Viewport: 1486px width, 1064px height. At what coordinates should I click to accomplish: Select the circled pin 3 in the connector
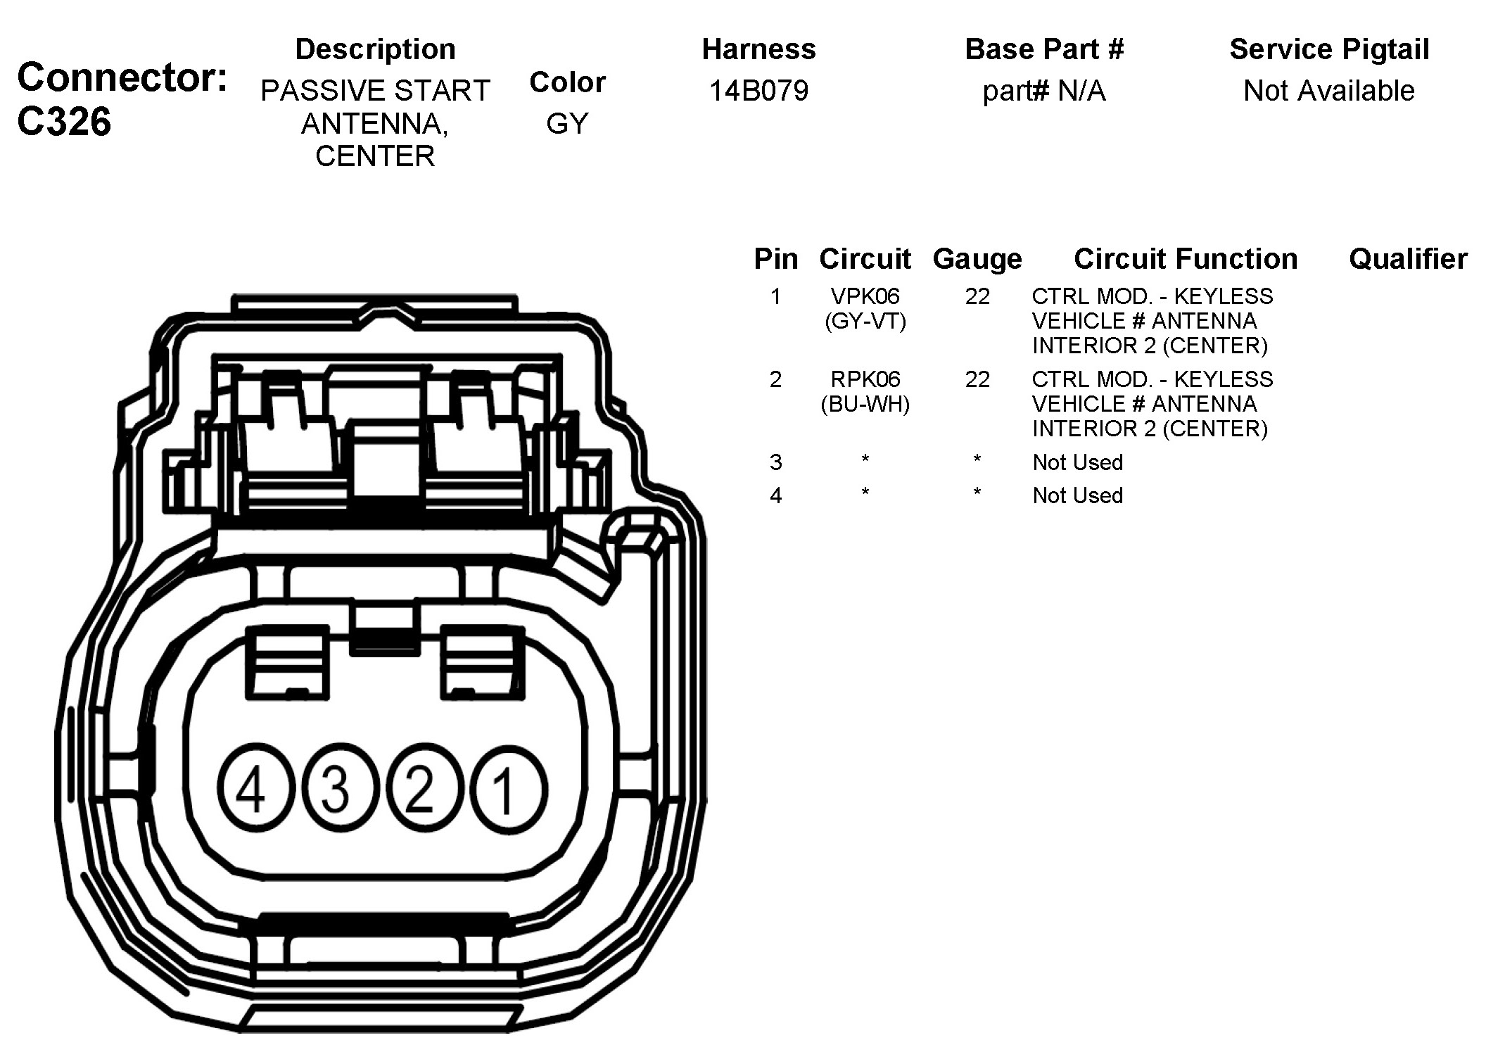click(336, 788)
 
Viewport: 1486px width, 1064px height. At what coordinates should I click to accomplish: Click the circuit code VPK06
click(865, 296)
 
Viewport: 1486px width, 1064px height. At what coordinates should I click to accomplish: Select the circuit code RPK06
click(865, 379)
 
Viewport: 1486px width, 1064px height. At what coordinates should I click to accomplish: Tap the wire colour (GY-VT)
click(865, 322)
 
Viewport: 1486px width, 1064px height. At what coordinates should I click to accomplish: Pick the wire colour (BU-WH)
click(865, 405)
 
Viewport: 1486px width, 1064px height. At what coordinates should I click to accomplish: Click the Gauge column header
click(977, 260)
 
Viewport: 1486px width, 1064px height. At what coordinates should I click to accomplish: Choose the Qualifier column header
click(1408, 259)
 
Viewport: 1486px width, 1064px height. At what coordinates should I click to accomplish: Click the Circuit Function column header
click(1186, 259)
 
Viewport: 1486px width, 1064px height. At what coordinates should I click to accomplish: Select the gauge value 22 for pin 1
click(977, 296)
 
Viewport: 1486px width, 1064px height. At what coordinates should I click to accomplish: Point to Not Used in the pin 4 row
click(1077, 495)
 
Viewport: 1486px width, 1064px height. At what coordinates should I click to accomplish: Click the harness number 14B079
click(758, 91)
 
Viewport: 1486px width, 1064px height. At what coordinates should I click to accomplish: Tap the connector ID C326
click(64, 122)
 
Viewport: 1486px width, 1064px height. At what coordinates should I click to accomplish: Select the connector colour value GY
click(567, 124)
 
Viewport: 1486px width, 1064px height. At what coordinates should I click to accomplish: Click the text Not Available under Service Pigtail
click(1328, 91)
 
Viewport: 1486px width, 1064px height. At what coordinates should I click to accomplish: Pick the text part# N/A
click(1043, 91)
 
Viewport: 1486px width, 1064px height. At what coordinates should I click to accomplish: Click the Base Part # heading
click(1043, 49)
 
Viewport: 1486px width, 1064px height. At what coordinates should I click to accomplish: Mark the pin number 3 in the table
click(775, 462)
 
